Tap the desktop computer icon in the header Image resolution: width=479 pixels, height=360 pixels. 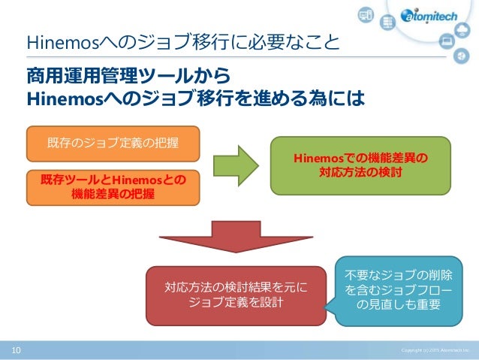pos(366,15)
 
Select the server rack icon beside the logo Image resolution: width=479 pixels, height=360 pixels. pos(388,23)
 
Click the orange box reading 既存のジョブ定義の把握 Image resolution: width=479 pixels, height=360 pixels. pos(113,143)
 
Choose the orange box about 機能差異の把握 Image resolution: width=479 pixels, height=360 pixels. pos(113,187)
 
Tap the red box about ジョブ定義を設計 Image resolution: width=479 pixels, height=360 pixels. pos(236,294)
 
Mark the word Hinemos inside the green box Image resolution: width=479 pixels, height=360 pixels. pos(318,158)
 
